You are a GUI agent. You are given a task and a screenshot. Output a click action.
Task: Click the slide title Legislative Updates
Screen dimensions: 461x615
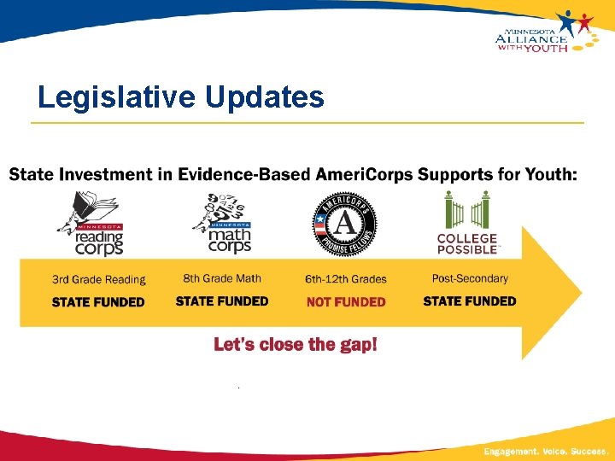[180, 97]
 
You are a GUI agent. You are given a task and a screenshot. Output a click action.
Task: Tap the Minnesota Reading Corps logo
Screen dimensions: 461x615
[93, 223]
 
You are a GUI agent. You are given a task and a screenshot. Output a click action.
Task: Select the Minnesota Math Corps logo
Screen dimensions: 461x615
[222, 223]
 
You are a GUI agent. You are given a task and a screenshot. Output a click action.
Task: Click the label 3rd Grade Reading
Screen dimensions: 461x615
[98, 279]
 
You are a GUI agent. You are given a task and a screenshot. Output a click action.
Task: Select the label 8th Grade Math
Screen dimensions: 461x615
[222, 278]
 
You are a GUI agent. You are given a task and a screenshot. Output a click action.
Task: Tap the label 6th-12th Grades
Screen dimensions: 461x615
[345, 279]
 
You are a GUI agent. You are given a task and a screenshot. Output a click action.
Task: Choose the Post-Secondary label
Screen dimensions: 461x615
[470, 278]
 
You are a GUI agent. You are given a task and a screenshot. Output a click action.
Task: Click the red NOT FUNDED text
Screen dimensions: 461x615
[345, 301]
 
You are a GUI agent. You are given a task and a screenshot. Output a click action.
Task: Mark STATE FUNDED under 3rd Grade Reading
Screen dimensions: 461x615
[98, 301]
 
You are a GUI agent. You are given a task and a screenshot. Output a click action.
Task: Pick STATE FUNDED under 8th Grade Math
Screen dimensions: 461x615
[222, 301]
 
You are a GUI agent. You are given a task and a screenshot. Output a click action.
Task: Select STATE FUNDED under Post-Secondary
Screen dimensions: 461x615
[470, 301]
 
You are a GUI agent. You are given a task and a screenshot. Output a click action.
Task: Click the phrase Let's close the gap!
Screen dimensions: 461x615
[295, 344]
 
